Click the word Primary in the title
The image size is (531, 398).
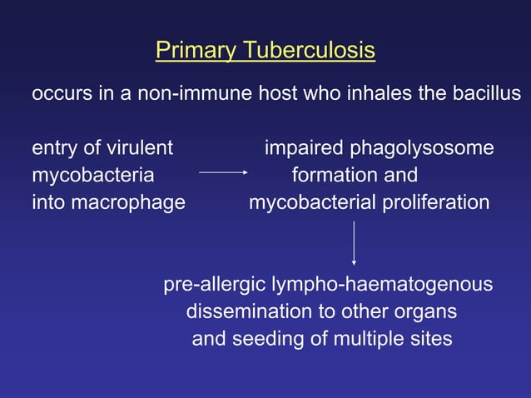point(196,52)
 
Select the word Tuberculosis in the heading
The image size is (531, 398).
point(309,52)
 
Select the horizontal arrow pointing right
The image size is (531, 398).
point(224,173)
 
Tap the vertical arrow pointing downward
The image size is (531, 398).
point(355,242)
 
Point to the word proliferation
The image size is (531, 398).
point(437,201)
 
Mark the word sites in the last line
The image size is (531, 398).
point(430,339)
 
